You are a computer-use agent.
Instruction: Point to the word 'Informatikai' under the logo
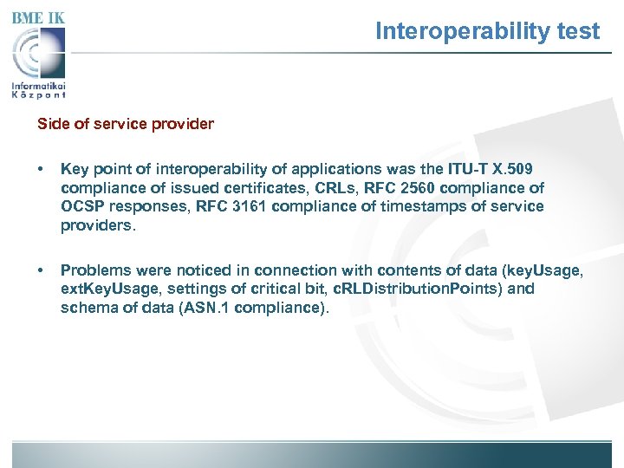click(39, 86)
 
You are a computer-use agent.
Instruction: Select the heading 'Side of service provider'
click(125, 124)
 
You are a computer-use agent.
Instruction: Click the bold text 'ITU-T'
click(468, 169)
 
